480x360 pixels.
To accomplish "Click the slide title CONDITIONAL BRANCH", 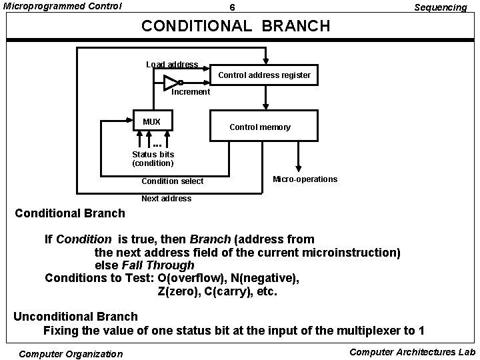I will tap(236, 26).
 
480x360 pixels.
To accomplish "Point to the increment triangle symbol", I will tap(171, 83).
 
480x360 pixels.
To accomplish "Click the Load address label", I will tap(172, 65).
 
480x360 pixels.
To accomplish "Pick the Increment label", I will tap(191, 92).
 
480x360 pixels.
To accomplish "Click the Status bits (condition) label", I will tap(153, 159).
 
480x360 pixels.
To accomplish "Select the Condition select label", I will tap(173, 181).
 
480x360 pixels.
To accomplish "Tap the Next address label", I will tap(166, 199).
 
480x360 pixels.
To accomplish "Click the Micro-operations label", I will tap(305, 179).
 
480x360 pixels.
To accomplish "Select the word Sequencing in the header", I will tap(440, 7).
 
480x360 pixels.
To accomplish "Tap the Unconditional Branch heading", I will tap(75, 317).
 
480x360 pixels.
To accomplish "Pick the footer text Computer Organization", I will tap(71, 354).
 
